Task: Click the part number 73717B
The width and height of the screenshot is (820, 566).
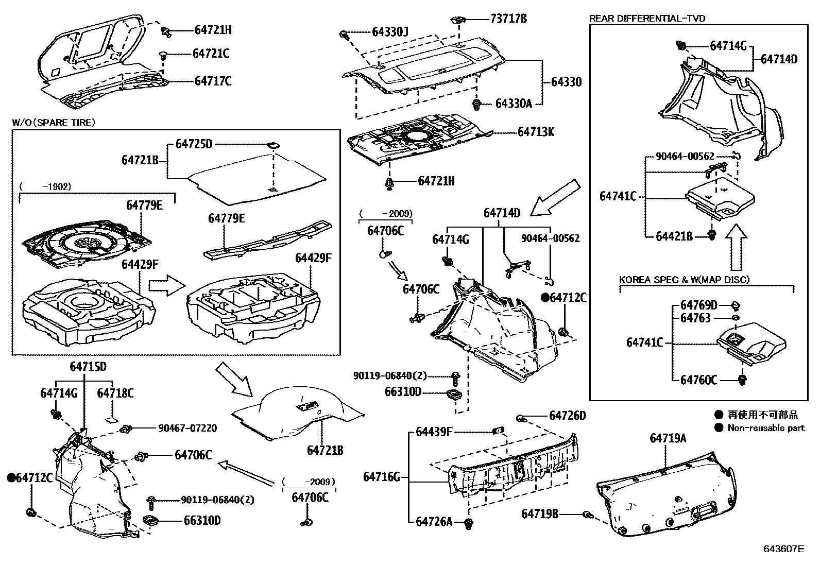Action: point(508,20)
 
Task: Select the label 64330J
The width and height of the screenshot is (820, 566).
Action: point(390,32)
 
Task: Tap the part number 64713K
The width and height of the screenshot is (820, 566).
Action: point(536,132)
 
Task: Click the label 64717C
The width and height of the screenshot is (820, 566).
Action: point(213,81)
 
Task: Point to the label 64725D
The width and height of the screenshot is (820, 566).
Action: point(194,144)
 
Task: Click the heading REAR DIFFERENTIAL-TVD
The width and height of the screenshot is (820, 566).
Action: point(647,19)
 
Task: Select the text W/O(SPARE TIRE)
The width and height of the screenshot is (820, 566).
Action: point(54,122)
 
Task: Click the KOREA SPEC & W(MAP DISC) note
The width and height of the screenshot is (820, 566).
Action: point(684,280)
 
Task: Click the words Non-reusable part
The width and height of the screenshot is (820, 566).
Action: point(766,427)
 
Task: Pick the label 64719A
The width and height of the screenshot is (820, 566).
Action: point(668,438)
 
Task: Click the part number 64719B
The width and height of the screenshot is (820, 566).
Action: point(540,513)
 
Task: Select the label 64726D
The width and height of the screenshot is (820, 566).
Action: point(568,415)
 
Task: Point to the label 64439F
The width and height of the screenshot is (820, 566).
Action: point(434,432)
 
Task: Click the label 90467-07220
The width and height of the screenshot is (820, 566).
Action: point(187,428)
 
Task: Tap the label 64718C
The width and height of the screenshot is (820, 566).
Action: point(115,393)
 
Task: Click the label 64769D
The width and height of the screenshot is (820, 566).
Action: point(698,305)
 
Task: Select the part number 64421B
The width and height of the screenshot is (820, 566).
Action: point(674,236)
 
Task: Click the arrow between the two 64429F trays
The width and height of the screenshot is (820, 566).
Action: point(166,286)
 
